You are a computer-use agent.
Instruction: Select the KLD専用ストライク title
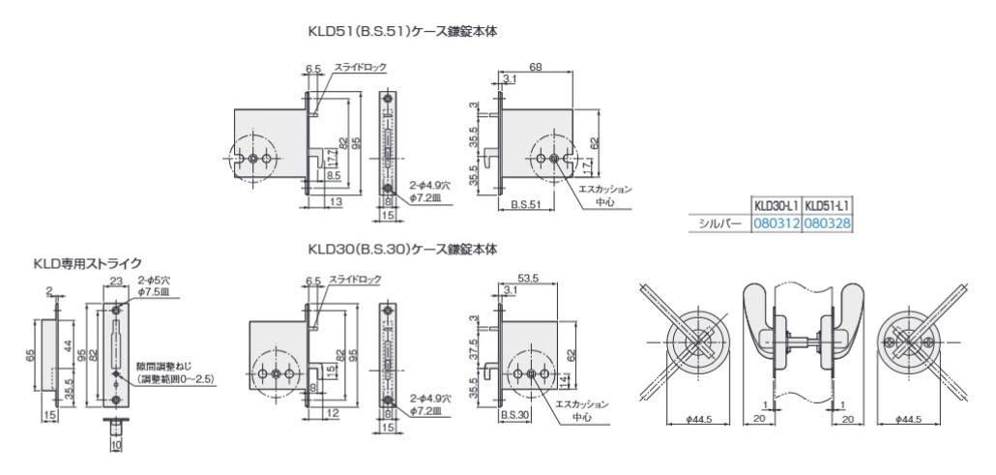88,262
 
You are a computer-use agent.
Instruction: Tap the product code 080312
777,223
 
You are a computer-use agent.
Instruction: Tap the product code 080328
828,223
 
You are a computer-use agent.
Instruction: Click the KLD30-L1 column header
777,206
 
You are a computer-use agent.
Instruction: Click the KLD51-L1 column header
828,206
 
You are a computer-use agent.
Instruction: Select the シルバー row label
719,223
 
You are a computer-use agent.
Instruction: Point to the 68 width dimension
535,67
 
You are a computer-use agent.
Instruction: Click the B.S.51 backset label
525,205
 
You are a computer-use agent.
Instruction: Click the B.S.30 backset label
514,414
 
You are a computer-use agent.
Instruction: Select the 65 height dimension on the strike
33,357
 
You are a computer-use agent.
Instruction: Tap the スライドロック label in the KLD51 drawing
360,68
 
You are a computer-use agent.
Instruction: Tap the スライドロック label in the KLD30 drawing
355,280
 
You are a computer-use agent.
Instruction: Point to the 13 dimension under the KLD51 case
336,202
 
